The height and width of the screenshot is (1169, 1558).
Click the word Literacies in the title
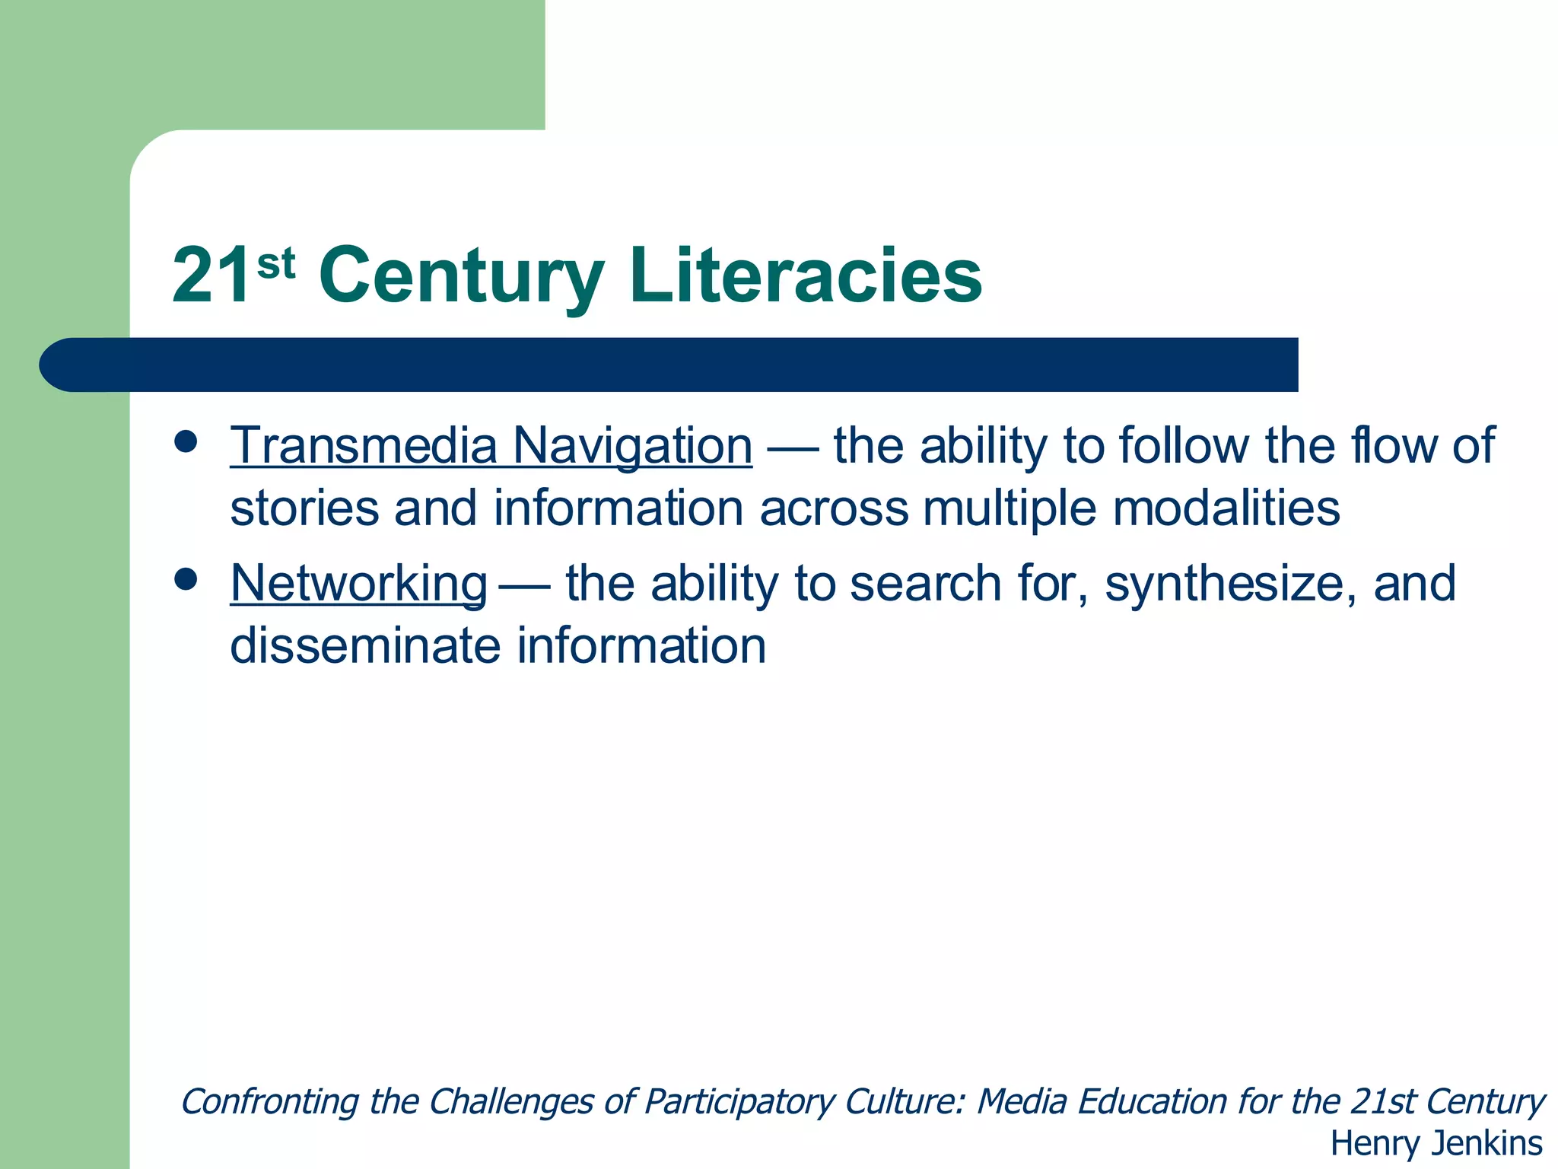pyautogui.click(x=806, y=276)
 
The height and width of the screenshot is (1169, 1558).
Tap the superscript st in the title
pyautogui.click(x=275, y=264)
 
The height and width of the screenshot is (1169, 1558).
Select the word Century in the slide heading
pyautogui.click(x=462, y=277)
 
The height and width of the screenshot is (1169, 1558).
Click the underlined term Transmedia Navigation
pyautogui.click(x=491, y=445)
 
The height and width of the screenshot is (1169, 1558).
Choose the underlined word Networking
pyautogui.click(x=359, y=584)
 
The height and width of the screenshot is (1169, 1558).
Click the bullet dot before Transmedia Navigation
pyautogui.click(x=186, y=442)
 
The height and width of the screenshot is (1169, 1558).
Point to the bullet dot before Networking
pyautogui.click(x=186, y=580)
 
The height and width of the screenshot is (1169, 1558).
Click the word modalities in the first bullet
pyautogui.click(x=1226, y=508)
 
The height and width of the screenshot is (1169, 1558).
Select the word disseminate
pyautogui.click(x=364, y=645)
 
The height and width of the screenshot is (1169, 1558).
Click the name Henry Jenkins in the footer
pyautogui.click(x=1436, y=1143)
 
